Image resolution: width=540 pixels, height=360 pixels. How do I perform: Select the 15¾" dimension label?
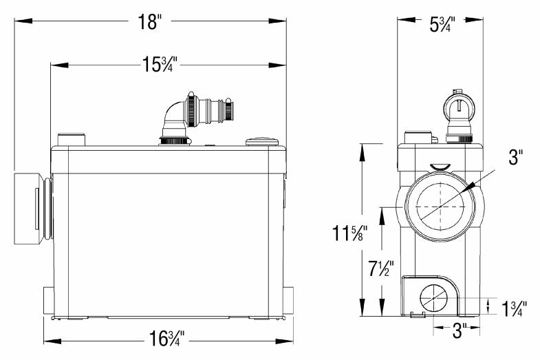coord(160,65)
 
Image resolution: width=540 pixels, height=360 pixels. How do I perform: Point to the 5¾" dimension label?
coord(442,25)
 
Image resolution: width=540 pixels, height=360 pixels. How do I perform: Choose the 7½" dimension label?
coord(381,268)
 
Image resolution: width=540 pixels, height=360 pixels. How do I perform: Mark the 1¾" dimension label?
coord(514,308)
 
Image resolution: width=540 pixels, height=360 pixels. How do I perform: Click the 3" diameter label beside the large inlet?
coord(515,157)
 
